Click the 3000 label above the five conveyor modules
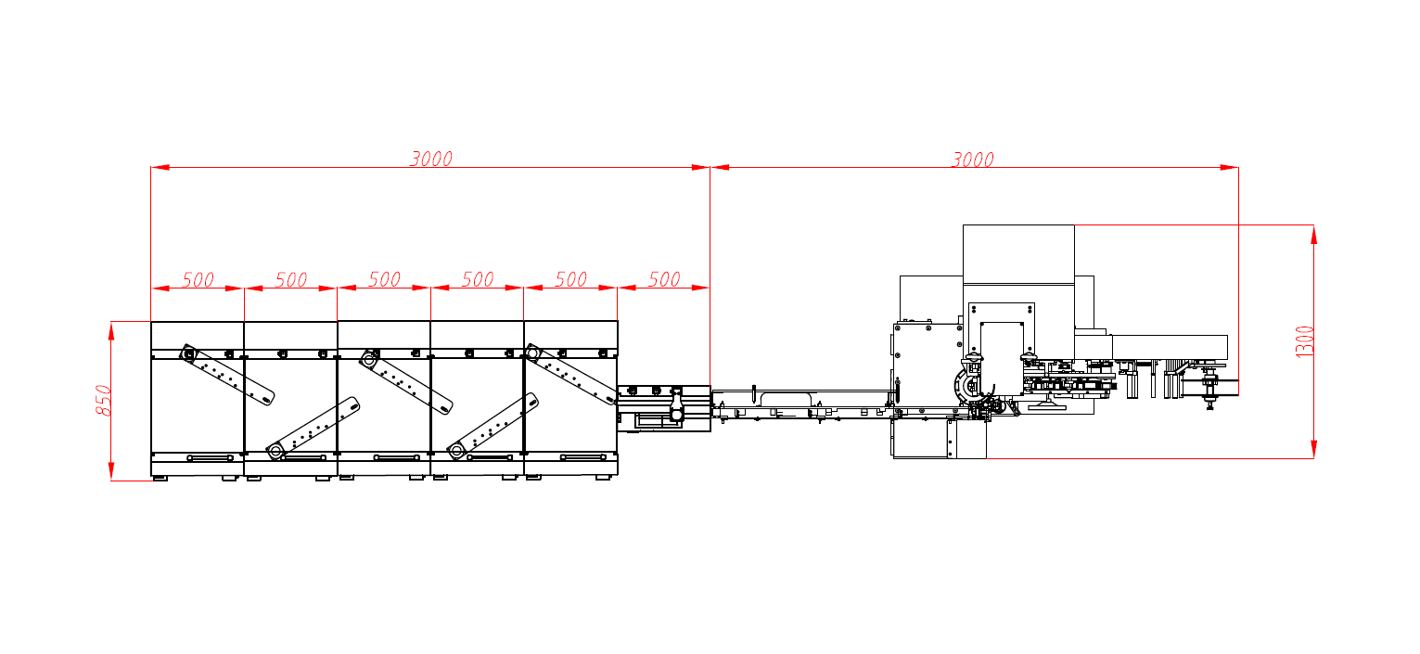click(431, 159)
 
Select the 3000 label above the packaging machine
click(972, 160)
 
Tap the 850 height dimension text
click(103, 401)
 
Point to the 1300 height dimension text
click(1305, 342)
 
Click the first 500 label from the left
click(198, 280)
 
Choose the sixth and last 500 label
click(664, 279)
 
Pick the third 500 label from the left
click(384, 279)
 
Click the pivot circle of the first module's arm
click(188, 353)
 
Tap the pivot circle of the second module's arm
click(275, 451)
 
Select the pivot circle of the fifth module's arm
click(531, 353)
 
